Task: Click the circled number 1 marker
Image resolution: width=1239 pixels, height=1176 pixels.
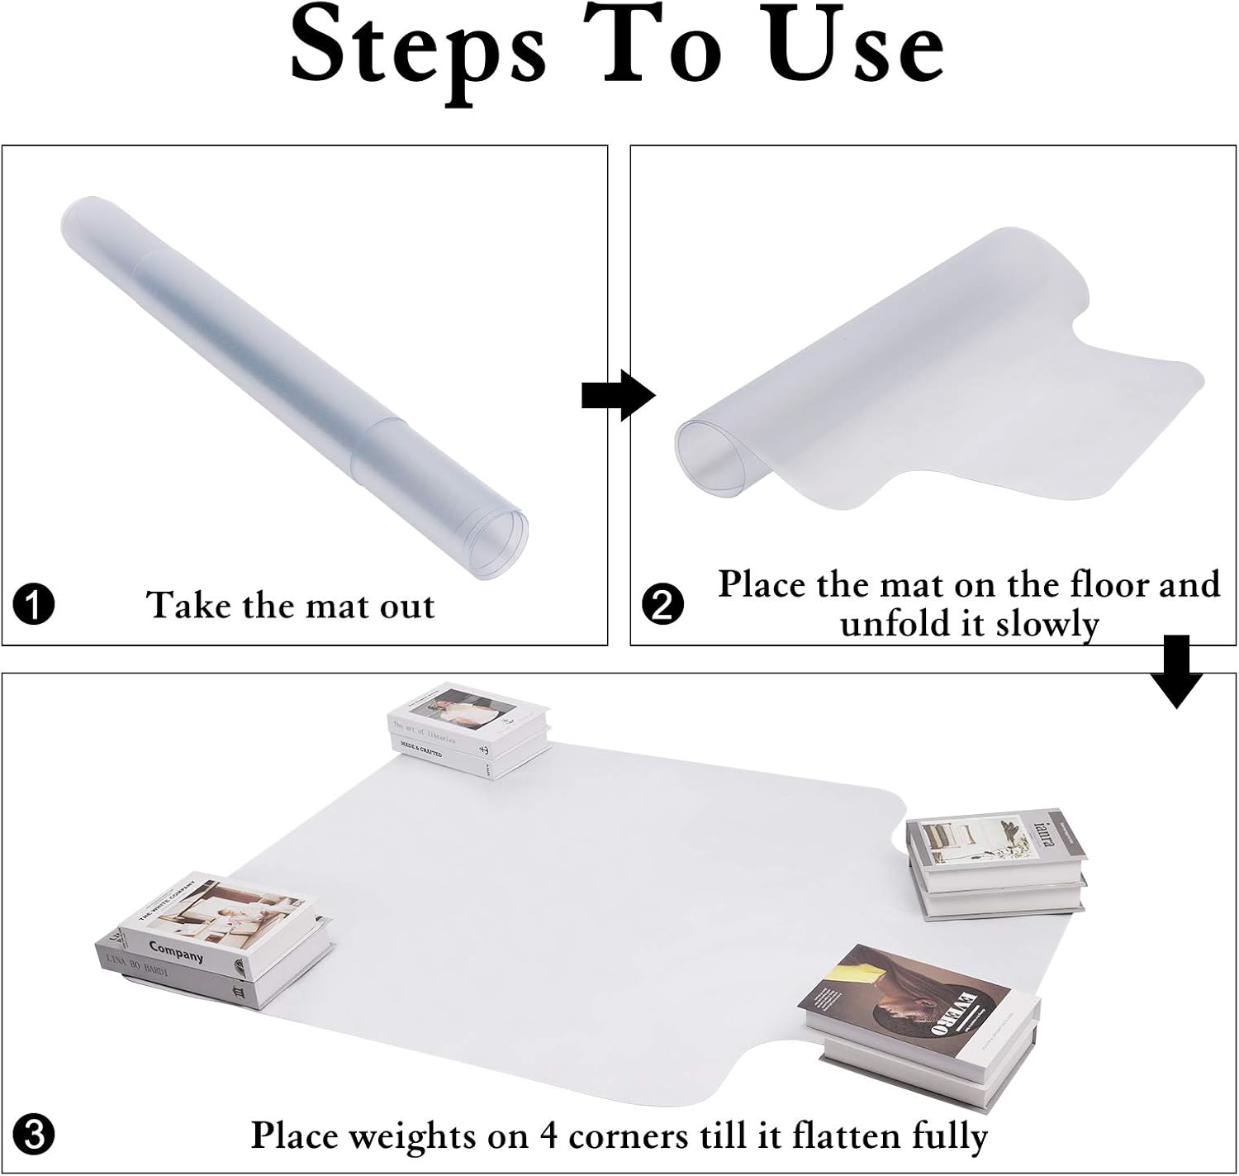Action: coord(34,604)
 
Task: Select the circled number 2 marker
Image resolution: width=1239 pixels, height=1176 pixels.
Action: coord(662,604)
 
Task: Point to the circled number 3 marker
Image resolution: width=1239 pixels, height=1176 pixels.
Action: coord(34,1135)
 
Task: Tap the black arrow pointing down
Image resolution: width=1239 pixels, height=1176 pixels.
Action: coord(1176,672)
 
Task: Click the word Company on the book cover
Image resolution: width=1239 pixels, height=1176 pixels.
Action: coord(176,951)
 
